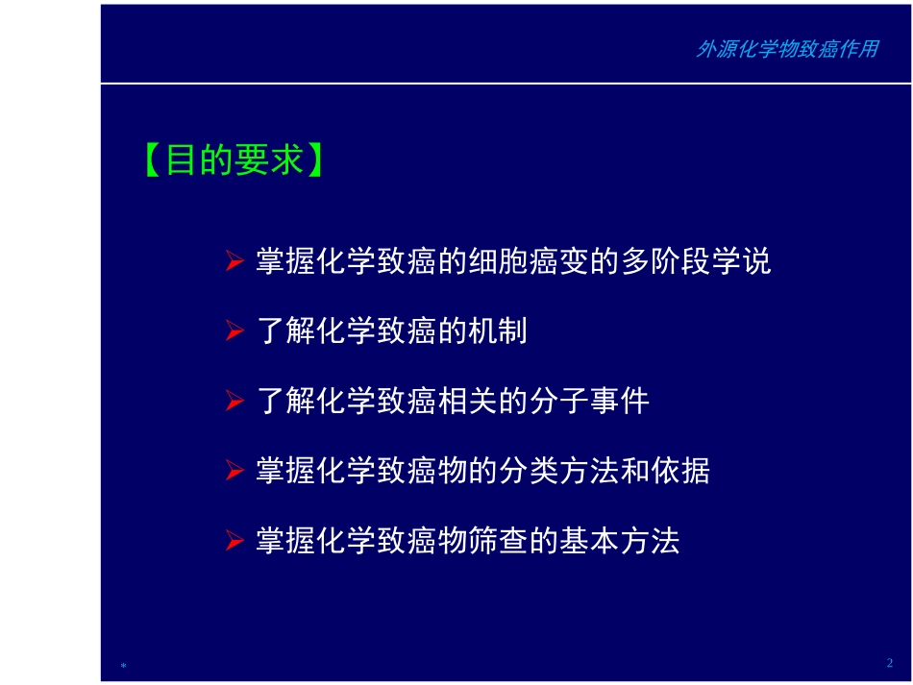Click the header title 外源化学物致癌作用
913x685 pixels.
coord(786,50)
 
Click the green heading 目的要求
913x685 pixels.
coord(234,159)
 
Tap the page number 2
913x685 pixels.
coord(889,663)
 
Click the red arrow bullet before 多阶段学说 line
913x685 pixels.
coord(234,262)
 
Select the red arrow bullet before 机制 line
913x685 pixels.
coord(234,332)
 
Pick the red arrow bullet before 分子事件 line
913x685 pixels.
coord(234,402)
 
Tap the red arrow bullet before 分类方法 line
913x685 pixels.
coord(234,472)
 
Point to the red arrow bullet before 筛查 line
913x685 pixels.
coord(234,542)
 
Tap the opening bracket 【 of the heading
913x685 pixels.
coord(153,159)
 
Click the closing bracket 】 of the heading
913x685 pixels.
coord(315,159)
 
